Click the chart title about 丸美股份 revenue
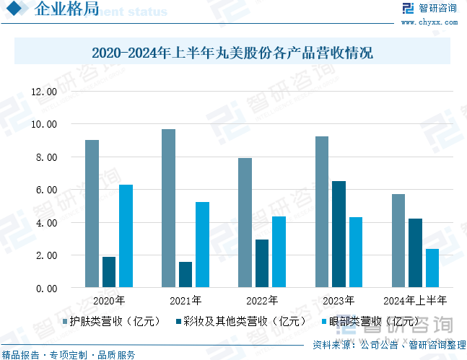232,53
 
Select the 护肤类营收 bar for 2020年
92,214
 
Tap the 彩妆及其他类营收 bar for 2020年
109,272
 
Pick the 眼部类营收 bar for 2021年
203,245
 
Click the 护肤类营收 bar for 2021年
168,208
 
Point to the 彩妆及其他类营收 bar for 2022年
262,263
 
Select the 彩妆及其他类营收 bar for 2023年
339,234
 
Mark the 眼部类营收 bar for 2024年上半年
432,268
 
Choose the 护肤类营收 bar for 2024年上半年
398,241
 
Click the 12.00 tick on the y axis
44,92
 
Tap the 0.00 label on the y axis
46,289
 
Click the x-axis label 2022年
262,300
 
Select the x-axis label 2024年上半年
415,300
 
